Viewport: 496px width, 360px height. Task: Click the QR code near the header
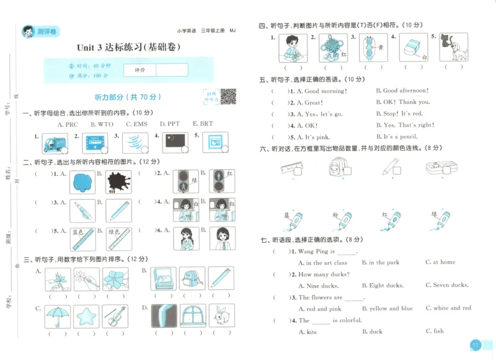point(229,96)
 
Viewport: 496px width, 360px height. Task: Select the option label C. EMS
point(136,124)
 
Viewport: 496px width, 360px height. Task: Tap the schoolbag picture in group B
point(192,279)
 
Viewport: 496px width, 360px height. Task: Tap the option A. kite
point(309,331)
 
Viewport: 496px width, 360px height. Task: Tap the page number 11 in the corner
point(475,345)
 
